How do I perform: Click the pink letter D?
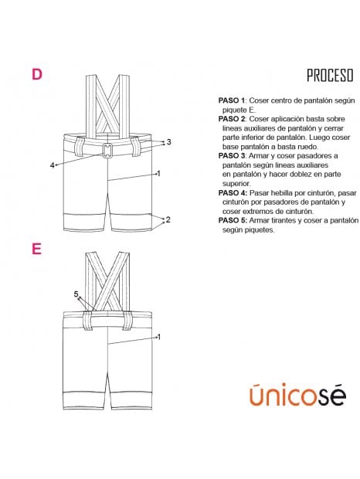point(37,74)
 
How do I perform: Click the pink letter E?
point(36,249)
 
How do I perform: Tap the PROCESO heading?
point(330,76)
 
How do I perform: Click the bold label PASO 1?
point(232,100)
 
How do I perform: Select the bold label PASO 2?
point(232,119)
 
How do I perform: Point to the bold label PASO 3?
point(232,156)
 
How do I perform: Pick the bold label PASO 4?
point(232,193)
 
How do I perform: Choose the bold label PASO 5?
point(232,220)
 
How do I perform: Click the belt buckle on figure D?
point(107,151)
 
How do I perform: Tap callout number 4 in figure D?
point(53,165)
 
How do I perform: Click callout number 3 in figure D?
point(169,142)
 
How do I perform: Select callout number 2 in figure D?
point(168,219)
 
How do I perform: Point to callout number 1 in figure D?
point(159,174)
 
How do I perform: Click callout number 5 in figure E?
point(76,294)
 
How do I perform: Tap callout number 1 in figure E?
point(159,337)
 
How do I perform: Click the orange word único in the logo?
point(284,395)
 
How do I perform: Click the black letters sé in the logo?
point(332,395)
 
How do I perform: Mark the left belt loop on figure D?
point(80,147)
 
